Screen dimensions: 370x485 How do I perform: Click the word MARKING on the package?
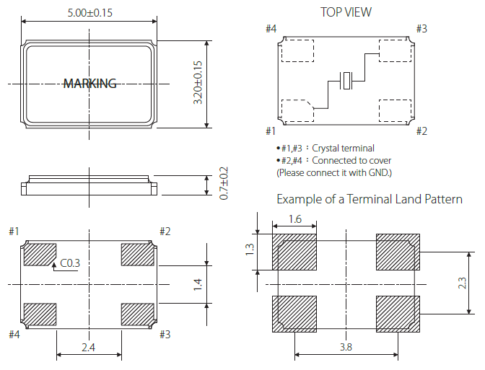[89, 84]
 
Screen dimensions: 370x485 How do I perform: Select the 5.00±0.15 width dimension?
[89, 12]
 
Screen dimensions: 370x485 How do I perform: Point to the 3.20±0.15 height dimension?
[198, 83]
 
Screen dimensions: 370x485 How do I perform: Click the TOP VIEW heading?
[346, 12]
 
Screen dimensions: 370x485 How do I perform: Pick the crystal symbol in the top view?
[347, 81]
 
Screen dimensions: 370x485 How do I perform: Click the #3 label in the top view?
[421, 28]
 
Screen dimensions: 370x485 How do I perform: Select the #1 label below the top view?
[271, 131]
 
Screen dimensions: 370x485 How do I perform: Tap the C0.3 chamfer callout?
[70, 263]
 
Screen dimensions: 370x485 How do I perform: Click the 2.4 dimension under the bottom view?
[89, 347]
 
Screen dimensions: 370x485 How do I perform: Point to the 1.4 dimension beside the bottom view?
[198, 285]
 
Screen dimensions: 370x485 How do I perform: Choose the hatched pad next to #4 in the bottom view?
[40, 314]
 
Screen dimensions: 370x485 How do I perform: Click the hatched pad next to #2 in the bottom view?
[137, 255]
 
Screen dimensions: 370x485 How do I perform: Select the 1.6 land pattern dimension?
[294, 219]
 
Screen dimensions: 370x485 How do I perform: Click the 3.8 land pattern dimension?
[346, 347]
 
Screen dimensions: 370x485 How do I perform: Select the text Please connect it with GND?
[333, 173]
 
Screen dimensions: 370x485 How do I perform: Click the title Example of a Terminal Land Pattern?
[370, 199]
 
